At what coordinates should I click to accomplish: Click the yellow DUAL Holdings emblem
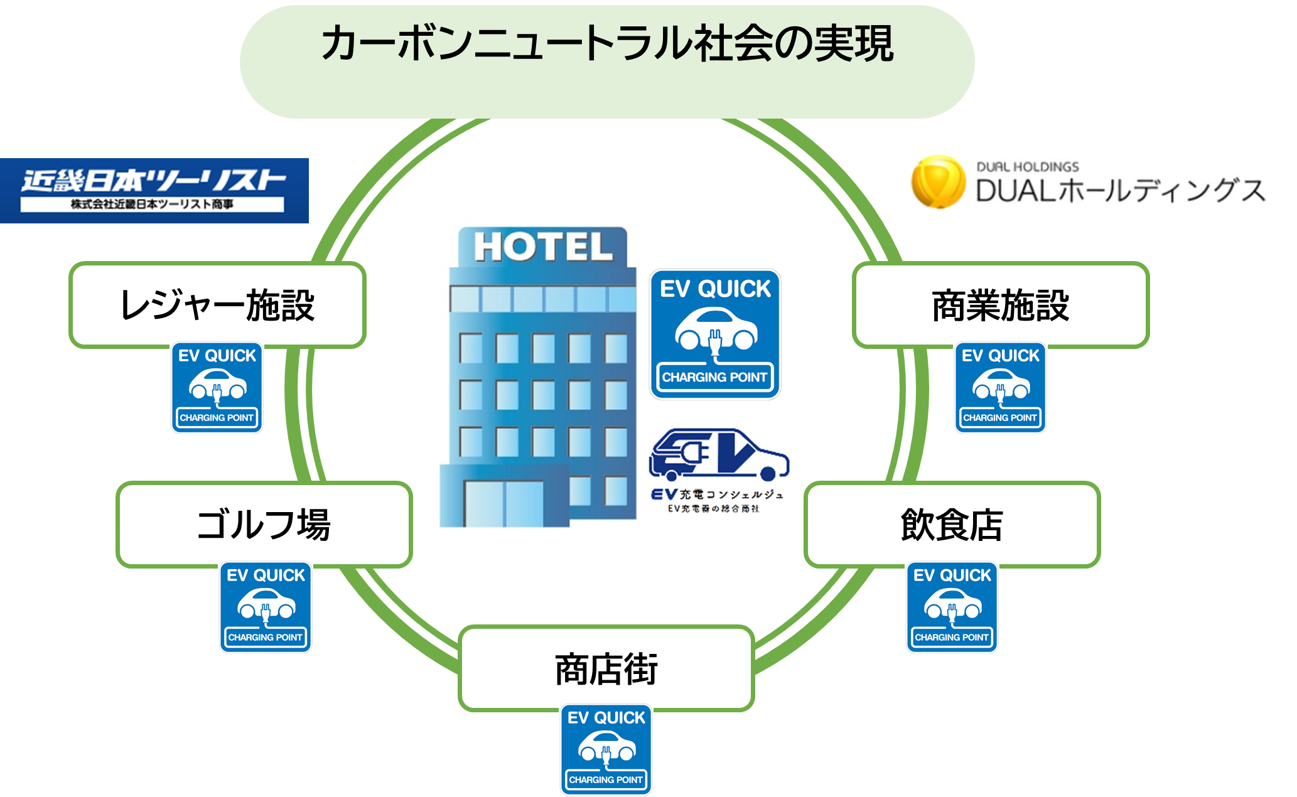pyautogui.click(x=938, y=182)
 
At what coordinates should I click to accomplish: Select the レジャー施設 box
pyautogui.click(x=217, y=305)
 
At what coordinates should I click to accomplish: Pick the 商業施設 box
pyautogui.click(x=1001, y=305)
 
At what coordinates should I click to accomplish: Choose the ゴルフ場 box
pyautogui.click(x=264, y=525)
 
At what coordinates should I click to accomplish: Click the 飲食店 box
pyautogui.click(x=952, y=525)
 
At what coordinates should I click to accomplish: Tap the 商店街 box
pyautogui.click(x=606, y=668)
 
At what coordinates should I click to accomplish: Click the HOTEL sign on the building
pyautogui.click(x=543, y=247)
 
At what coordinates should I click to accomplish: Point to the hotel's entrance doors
pyautogui.click(x=503, y=502)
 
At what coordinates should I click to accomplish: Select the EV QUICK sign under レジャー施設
pyautogui.click(x=217, y=388)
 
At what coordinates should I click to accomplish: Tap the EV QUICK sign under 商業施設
pyautogui.click(x=1001, y=388)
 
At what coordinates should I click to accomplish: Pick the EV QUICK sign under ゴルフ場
pyautogui.click(x=266, y=607)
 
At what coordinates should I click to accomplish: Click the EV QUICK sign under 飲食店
pyautogui.click(x=952, y=607)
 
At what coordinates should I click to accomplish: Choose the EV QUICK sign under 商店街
pyautogui.click(x=606, y=750)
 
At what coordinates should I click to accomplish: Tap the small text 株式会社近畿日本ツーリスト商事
pyautogui.click(x=152, y=205)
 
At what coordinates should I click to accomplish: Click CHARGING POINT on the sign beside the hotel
pyautogui.click(x=714, y=377)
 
